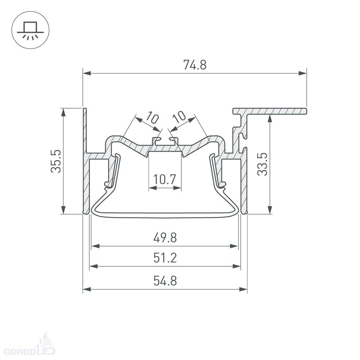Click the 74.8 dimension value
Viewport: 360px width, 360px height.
[195, 65]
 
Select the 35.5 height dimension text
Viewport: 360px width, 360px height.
[56, 161]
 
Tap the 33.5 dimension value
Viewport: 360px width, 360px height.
[262, 164]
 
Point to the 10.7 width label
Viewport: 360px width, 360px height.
[165, 179]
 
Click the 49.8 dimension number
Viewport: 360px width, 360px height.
[165, 238]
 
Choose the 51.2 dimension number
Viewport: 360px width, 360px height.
[165, 258]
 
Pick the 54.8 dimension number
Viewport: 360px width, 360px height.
[165, 281]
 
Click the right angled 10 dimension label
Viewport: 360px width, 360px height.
[179, 117]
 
